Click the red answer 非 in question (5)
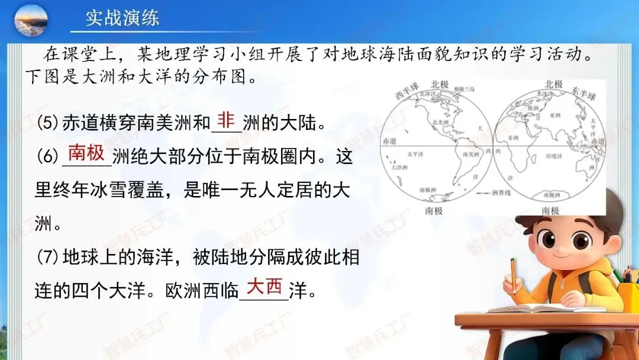(226, 120)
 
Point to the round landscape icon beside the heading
(31, 20)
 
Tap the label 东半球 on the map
(584, 94)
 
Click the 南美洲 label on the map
(470, 154)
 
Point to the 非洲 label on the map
(514, 138)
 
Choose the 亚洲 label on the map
(554, 117)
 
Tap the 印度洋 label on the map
(554, 157)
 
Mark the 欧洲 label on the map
(533, 108)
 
